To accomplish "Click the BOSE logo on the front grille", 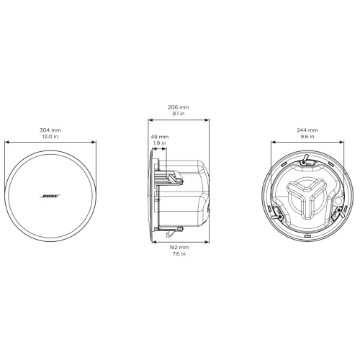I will [50, 196].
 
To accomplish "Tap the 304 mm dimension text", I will [50, 130].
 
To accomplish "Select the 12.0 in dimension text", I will [50, 137].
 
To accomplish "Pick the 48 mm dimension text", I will [159, 136].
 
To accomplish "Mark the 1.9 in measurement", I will [159, 143].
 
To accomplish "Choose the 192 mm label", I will [179, 247].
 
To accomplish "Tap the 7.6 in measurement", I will [179, 253].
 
